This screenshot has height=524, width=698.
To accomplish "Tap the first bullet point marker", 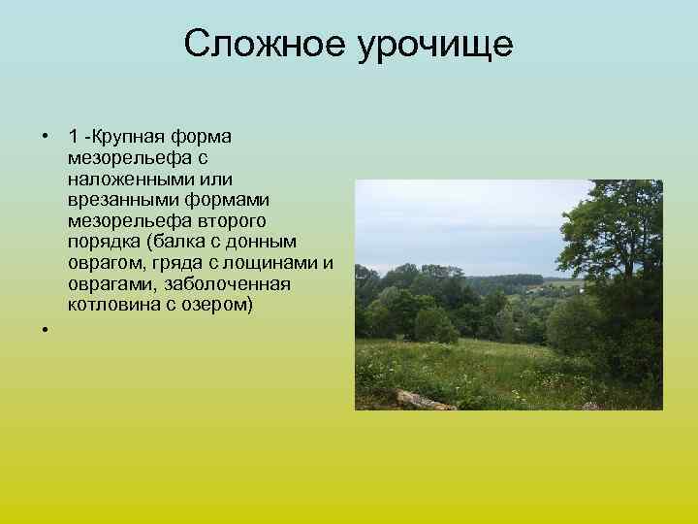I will [45, 134].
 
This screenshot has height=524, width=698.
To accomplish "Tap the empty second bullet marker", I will [45, 331].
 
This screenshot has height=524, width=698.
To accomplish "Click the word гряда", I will [174, 263].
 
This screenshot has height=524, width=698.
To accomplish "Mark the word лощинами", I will [273, 263].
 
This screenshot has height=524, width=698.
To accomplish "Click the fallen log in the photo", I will [422, 399].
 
